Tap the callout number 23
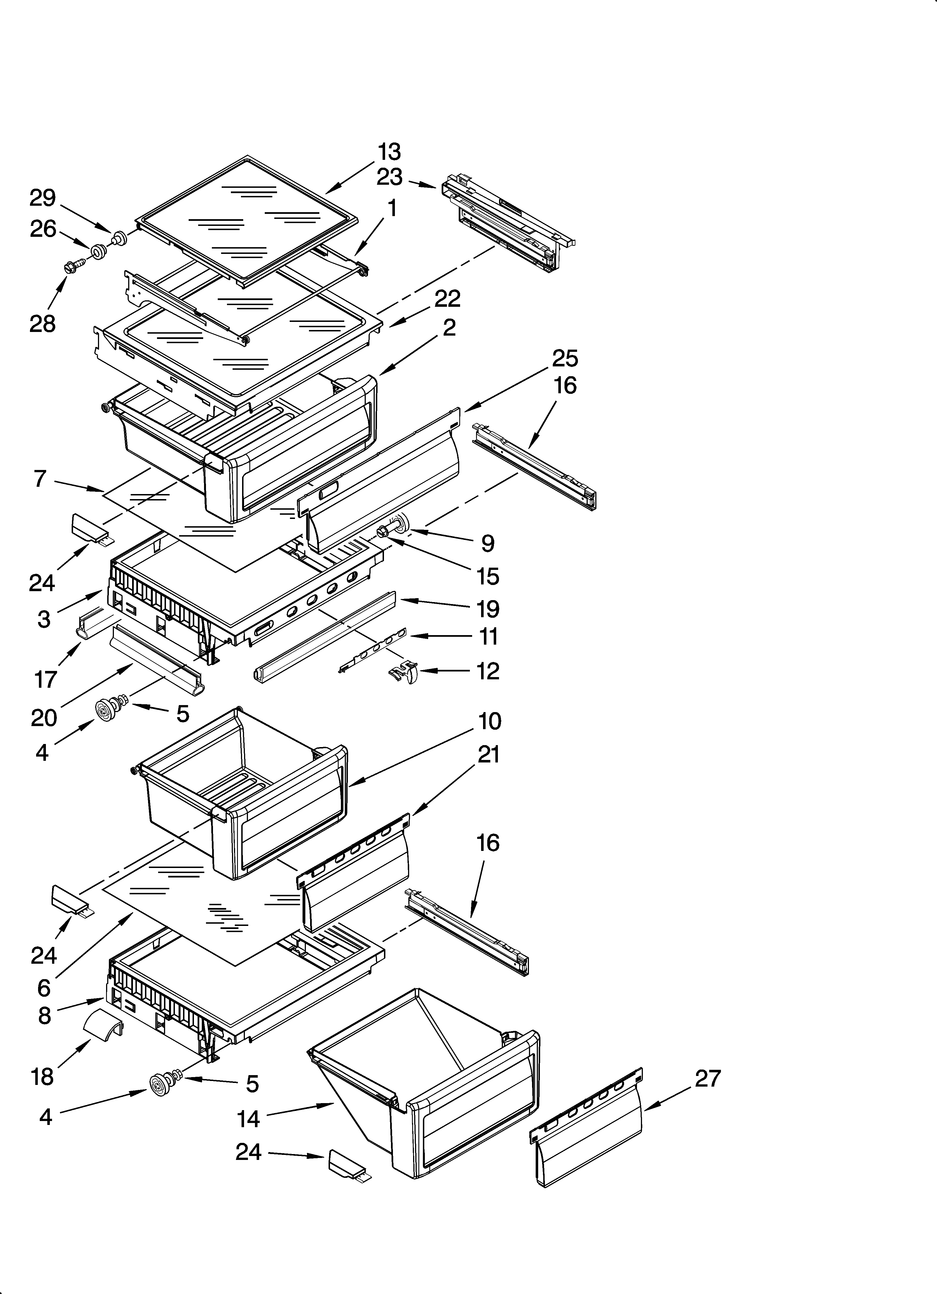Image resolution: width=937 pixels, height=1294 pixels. coord(389,177)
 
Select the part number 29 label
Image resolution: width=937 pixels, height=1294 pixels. coord(43,198)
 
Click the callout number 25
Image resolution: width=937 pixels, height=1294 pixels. coord(565,358)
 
